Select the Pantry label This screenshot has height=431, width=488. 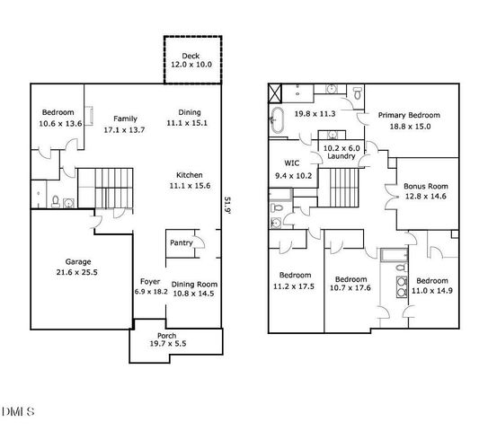pos(180,242)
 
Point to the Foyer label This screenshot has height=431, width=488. pos(150,281)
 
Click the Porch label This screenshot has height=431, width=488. pos(167,335)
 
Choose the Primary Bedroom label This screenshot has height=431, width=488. pos(409,115)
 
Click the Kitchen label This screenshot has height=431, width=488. pos(189,174)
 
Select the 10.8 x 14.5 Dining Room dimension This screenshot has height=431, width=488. pos(193,294)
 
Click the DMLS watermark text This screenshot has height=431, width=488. pos(17,412)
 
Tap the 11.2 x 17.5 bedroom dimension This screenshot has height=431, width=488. pos(296,286)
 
